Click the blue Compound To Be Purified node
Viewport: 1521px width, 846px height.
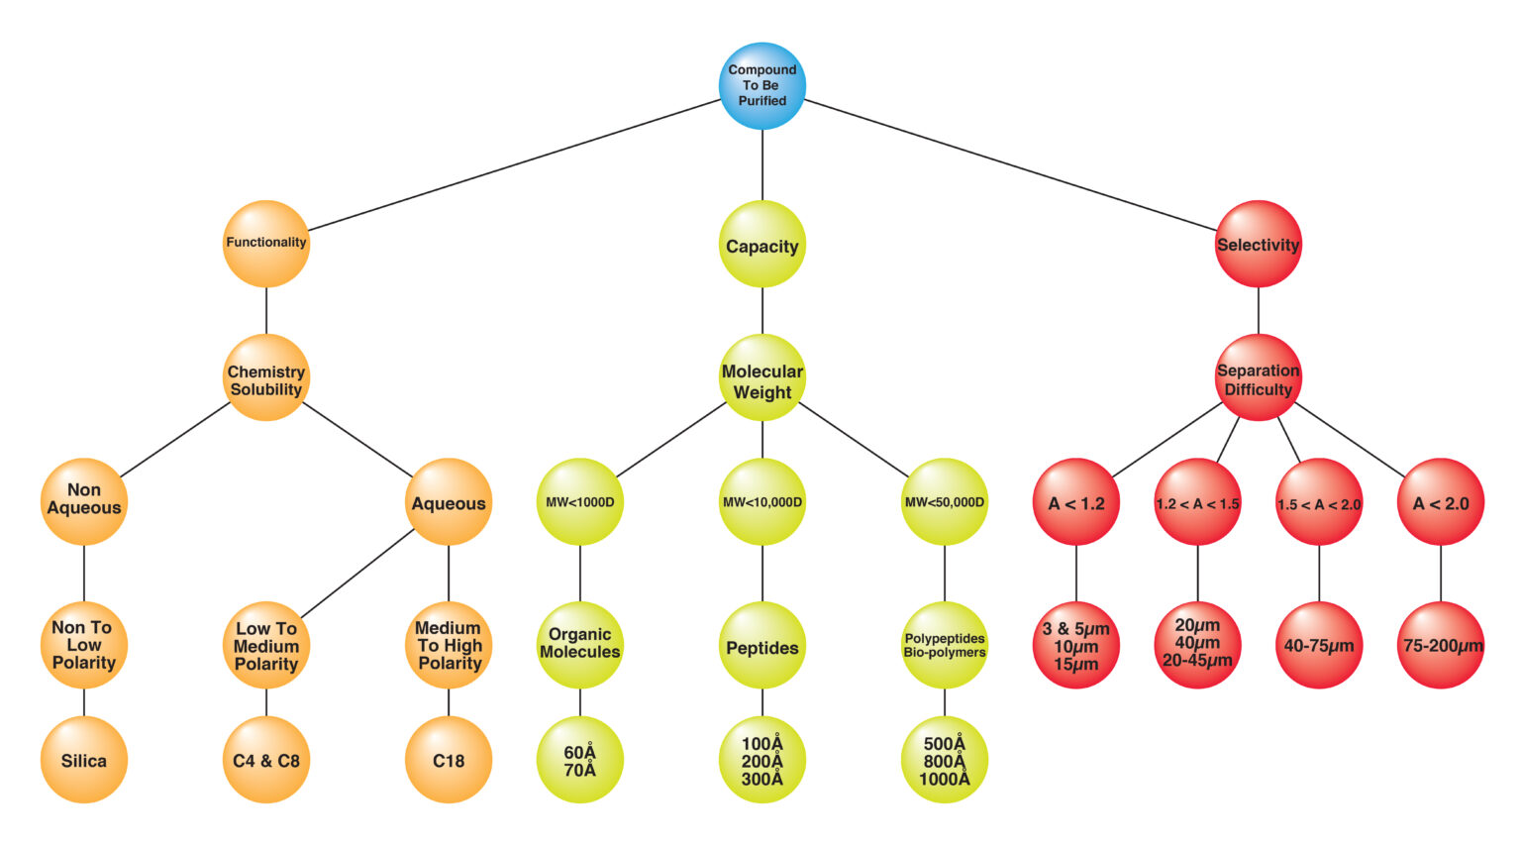pyautogui.click(x=762, y=85)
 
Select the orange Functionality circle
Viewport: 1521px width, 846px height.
pyautogui.click(x=266, y=244)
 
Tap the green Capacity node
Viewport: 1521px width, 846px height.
pyautogui.click(x=762, y=245)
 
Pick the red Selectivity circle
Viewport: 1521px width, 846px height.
pyautogui.click(x=1258, y=245)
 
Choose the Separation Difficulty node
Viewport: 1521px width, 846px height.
pyautogui.click(x=1258, y=377)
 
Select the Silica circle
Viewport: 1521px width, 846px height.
pyautogui.click(x=84, y=760)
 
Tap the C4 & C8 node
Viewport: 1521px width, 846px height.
pyautogui.click(x=266, y=760)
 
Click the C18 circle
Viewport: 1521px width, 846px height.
pyautogui.click(x=449, y=760)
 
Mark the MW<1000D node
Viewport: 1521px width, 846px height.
pyautogui.click(x=580, y=501)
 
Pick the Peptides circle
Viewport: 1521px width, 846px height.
pyautogui.click(x=762, y=646)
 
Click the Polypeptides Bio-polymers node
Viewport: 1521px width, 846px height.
pyautogui.click(x=945, y=646)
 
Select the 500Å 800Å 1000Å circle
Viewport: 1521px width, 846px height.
pyautogui.click(x=945, y=760)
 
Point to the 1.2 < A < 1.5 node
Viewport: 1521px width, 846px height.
pyautogui.click(x=1197, y=502)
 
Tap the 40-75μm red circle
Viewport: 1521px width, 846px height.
pyautogui.click(x=1319, y=645)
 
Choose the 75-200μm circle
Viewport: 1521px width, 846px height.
pyautogui.click(x=1442, y=645)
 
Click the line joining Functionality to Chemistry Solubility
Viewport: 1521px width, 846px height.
pyautogui.click(x=266, y=311)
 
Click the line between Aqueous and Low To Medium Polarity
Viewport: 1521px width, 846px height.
pyautogui.click(x=357, y=575)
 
